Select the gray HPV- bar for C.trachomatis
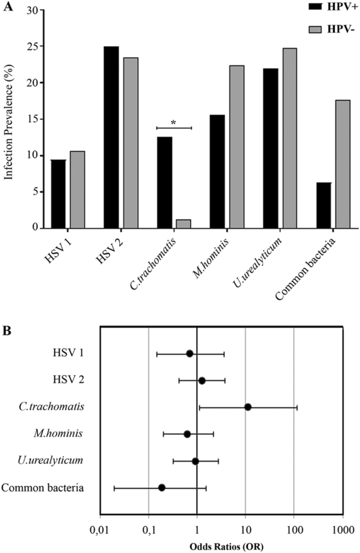(183, 223)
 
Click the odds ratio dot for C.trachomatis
(248, 407)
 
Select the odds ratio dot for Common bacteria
(162, 487)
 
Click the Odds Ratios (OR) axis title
(221, 547)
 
